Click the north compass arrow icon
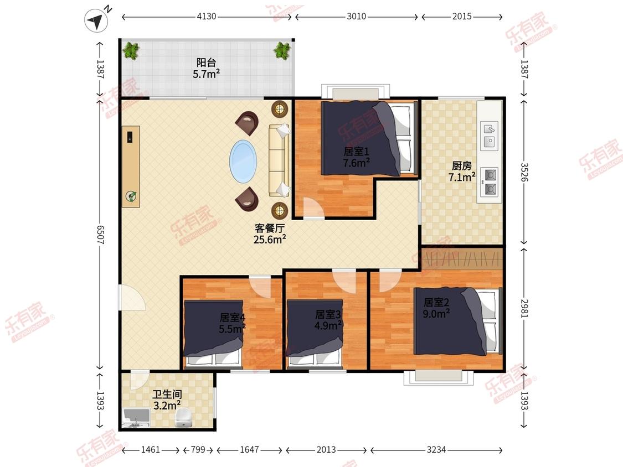pyautogui.click(x=96, y=20)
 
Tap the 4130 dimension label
pyautogui.click(x=207, y=17)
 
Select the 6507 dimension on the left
pyautogui.click(x=100, y=235)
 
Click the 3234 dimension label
pyautogui.click(x=436, y=450)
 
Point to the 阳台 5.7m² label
pyautogui.click(x=206, y=68)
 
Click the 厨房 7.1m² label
pyautogui.click(x=462, y=172)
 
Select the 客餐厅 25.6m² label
pyautogui.click(x=270, y=234)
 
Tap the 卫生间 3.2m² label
pyautogui.click(x=167, y=400)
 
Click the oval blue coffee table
pyautogui.click(x=243, y=162)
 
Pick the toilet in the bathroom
pyautogui.click(x=183, y=418)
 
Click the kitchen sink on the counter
pyautogui.click(x=490, y=136)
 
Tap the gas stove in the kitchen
pyautogui.click(x=490, y=182)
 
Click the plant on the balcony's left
pyautogui.click(x=131, y=51)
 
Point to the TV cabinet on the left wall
pyautogui.click(x=131, y=167)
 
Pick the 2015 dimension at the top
pyautogui.click(x=462, y=17)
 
